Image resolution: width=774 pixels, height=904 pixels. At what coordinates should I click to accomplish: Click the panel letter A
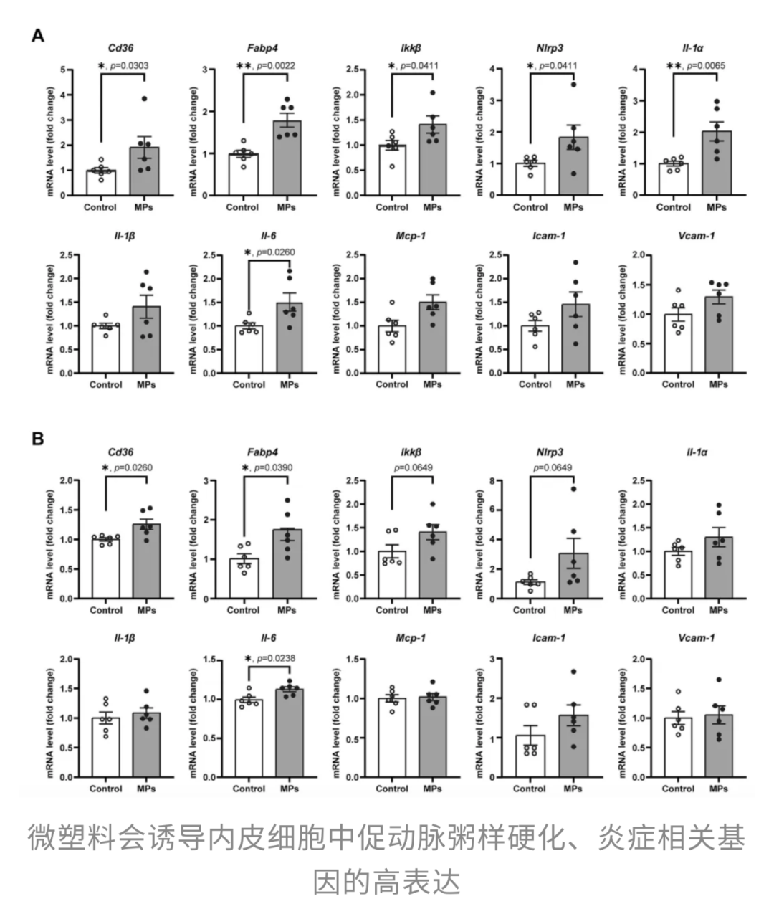[x=37, y=35]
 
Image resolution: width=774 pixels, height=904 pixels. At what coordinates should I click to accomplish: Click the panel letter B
[x=37, y=439]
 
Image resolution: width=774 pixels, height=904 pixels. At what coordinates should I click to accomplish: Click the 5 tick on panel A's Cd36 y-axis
[x=64, y=70]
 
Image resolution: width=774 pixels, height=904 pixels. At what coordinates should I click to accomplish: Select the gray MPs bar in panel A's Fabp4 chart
[x=287, y=158]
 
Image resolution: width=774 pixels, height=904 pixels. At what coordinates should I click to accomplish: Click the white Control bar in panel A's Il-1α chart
[x=674, y=179]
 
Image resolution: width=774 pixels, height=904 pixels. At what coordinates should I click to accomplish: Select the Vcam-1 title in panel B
[x=697, y=637]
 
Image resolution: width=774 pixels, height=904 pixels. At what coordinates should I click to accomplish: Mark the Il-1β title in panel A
[x=125, y=235]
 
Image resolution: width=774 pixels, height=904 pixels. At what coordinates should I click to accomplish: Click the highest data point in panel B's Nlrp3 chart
[x=573, y=489]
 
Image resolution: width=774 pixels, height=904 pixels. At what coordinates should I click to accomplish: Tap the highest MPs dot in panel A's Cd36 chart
[x=144, y=99]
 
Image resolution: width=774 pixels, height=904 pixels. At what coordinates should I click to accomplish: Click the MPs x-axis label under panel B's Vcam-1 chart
[x=719, y=789]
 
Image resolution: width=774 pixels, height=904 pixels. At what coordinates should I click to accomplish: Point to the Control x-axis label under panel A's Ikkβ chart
[x=392, y=207]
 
